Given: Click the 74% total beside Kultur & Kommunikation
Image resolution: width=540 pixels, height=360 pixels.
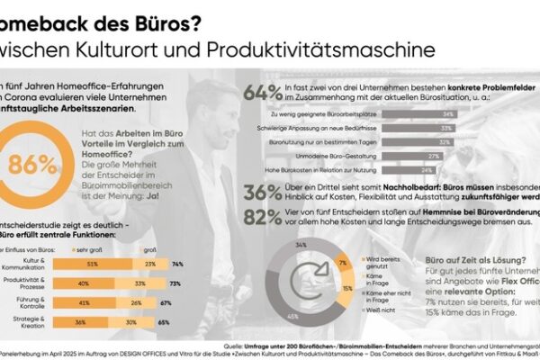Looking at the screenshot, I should (177, 264).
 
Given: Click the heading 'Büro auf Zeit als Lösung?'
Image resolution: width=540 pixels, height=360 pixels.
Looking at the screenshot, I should (469, 261).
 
